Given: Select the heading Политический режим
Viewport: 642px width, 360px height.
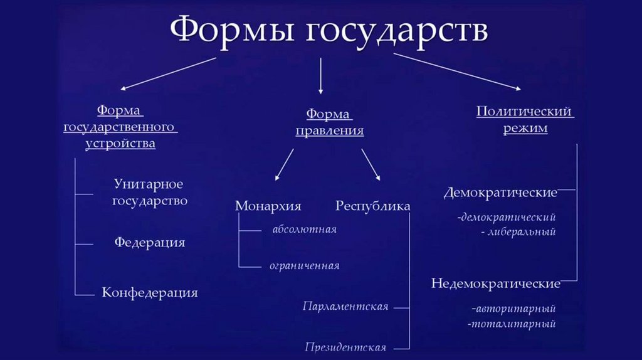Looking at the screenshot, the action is coord(524,120).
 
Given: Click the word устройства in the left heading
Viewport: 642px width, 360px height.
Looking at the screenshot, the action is coord(120,144).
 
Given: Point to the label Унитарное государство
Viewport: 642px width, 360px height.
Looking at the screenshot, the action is coord(149,193).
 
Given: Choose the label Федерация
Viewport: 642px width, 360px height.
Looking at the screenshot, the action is coord(150,242).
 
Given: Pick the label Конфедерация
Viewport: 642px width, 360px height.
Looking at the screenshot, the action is coord(150,292).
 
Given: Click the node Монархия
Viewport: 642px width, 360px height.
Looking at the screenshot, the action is coord(268,206).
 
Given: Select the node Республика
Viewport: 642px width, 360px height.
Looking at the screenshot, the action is coord(373,206).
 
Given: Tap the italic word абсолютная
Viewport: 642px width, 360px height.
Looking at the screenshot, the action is coord(304,230).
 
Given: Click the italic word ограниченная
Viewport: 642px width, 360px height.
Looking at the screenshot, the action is coord(304,266).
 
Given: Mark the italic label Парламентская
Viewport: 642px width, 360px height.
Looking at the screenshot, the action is coord(345,307).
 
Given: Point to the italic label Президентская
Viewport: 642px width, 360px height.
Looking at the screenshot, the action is coord(345,347).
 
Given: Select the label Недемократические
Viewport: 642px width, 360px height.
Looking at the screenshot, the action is coord(495,283).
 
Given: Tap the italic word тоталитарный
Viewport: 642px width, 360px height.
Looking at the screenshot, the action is coord(512,324).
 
